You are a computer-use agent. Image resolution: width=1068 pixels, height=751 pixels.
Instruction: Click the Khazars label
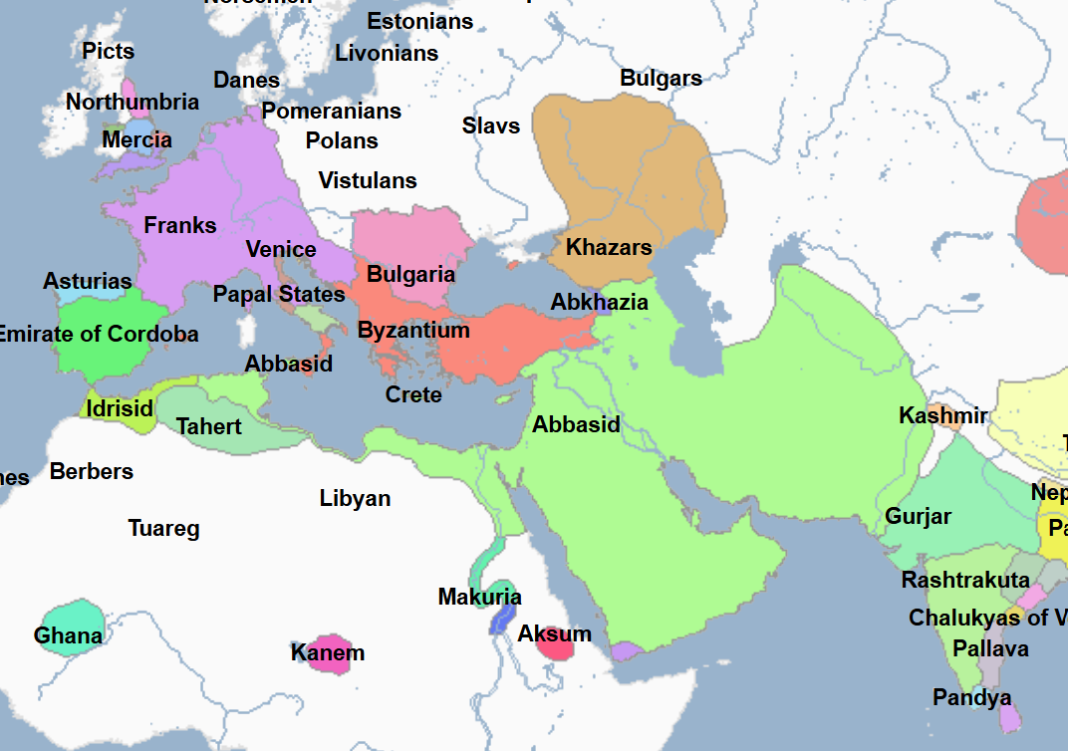[x=609, y=248]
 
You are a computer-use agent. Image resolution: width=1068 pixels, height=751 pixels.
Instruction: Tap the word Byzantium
[x=413, y=330]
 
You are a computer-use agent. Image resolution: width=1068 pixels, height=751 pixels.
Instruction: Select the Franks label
[x=180, y=225]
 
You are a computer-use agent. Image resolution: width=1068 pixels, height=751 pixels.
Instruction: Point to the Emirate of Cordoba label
[x=97, y=334]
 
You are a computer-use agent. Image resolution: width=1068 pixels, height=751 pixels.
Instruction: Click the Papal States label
[x=279, y=295]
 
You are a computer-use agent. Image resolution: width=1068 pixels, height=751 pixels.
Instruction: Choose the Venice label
[x=281, y=250]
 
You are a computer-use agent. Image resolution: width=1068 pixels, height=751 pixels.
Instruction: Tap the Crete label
[x=413, y=394]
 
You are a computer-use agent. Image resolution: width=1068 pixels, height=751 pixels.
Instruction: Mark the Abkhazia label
[x=600, y=302]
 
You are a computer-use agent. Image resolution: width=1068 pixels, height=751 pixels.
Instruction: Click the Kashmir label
[x=942, y=415]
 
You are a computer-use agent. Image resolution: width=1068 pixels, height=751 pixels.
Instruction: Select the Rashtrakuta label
[x=965, y=580]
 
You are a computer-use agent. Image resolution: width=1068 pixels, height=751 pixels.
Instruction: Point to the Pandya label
[x=971, y=697]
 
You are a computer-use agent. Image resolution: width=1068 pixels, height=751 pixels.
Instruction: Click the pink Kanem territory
[x=329, y=653]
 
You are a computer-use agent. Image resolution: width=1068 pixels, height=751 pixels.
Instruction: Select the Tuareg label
[x=164, y=529]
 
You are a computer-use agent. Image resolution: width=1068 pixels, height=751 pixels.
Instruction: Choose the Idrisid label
[x=120, y=408]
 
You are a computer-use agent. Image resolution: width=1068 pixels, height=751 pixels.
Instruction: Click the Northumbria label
[x=133, y=102]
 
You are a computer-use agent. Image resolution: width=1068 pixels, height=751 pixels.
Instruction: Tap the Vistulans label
[x=368, y=180]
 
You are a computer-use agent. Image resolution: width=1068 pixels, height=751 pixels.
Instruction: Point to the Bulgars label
[x=661, y=78]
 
